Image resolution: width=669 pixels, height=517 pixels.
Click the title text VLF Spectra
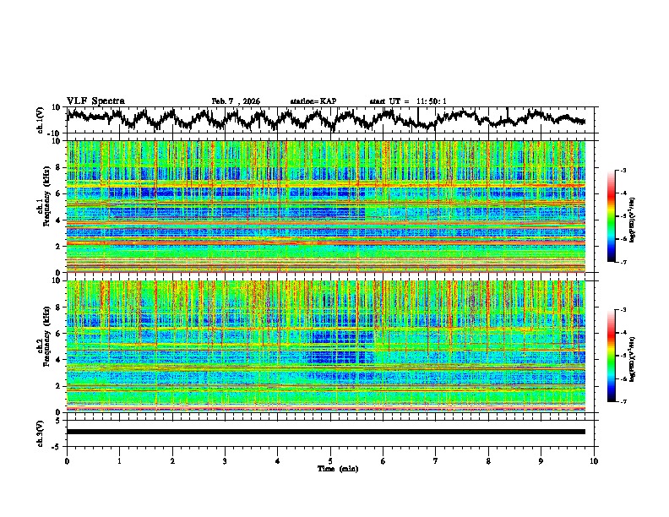(95, 101)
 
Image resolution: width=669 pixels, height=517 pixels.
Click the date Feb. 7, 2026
(236, 101)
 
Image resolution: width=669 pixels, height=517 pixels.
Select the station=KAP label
(313, 101)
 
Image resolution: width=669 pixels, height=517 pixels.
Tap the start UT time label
(408, 101)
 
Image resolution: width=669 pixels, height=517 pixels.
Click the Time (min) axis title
(330, 468)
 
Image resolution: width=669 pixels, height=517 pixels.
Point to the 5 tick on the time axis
(330, 460)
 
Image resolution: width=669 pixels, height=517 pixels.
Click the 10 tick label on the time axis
(594, 460)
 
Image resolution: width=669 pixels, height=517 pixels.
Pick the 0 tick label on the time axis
(67, 460)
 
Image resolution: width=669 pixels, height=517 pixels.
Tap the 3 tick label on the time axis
(225, 460)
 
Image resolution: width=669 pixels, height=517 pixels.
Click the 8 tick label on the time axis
(488, 460)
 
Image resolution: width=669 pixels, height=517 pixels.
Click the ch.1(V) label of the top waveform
(41, 121)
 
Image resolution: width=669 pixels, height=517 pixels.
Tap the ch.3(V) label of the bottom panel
(41, 432)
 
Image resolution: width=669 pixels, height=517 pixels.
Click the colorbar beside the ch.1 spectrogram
(621, 216)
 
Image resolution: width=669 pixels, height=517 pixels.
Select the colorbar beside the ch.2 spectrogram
(621, 356)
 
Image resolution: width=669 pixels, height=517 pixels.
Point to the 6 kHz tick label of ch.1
(58, 193)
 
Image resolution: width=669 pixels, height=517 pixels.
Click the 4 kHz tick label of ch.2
(58, 360)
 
